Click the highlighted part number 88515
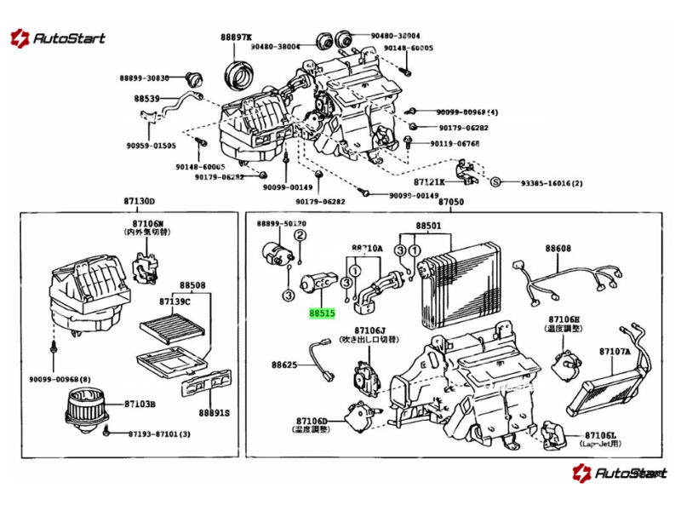coord(323,313)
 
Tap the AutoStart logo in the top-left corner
coord(57,37)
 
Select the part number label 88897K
coord(236,37)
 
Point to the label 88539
coord(146,99)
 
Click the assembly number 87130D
coord(140,201)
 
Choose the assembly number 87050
coord(451,201)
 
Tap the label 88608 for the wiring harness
coord(558,248)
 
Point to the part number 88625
coord(284,365)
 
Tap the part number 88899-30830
coord(145,78)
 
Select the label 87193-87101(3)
coord(160,434)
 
